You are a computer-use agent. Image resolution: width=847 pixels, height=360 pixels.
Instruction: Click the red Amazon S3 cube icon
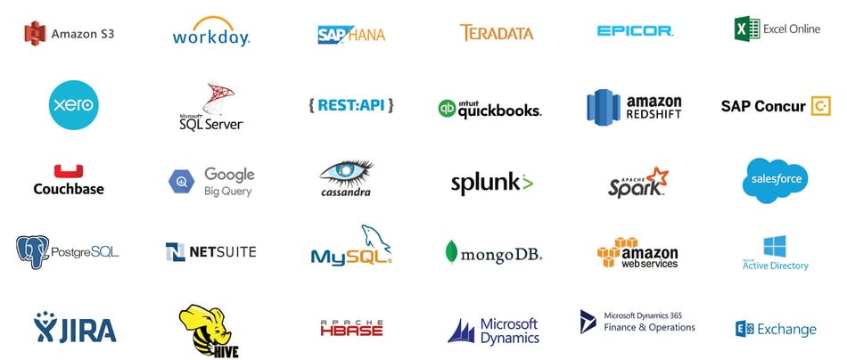[35, 34]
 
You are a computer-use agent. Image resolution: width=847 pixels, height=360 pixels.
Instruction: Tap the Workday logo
[210, 31]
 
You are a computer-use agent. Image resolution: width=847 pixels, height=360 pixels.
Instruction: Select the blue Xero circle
[73, 105]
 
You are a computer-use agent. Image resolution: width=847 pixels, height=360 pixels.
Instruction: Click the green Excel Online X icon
[747, 29]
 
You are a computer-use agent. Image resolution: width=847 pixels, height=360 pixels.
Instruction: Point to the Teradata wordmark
[497, 33]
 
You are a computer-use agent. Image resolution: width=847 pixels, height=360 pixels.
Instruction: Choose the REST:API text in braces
[351, 105]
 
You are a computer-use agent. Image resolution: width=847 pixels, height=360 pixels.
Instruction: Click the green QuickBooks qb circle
[447, 109]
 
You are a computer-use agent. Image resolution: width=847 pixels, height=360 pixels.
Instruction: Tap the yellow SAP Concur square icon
[820, 106]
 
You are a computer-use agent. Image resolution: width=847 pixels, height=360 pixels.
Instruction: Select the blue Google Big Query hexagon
[181, 182]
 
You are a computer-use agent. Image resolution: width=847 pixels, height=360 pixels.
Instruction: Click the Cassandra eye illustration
[346, 172]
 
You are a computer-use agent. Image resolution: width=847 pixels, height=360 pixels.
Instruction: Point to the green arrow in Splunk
[527, 183]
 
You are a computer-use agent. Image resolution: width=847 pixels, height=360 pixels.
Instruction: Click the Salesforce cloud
[775, 180]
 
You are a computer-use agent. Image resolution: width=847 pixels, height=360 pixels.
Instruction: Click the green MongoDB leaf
[451, 252]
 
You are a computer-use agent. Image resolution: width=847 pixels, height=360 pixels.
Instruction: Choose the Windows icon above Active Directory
[775, 246]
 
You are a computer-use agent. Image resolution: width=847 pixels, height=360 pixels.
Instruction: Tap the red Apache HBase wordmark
[351, 328]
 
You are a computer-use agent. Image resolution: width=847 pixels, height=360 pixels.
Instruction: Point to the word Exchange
[786, 329]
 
